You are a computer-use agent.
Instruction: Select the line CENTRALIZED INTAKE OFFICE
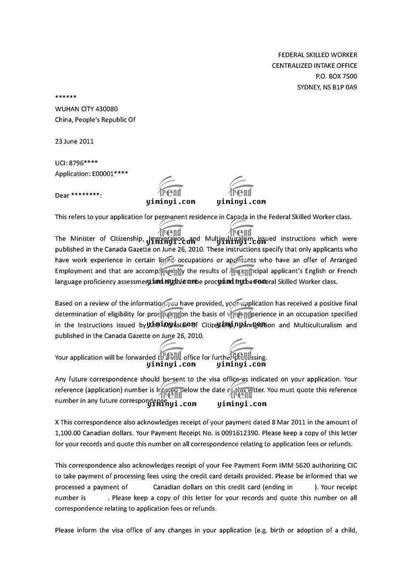[x=314, y=66]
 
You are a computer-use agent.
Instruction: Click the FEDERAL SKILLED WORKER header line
[x=317, y=55]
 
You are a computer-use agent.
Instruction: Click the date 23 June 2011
[x=74, y=141]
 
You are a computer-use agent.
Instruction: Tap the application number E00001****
[x=110, y=174]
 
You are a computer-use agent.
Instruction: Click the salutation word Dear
[x=62, y=196]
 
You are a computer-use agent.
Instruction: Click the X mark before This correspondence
[x=57, y=422]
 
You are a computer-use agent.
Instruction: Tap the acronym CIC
[x=352, y=465]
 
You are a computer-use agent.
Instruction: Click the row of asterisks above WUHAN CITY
[x=66, y=98]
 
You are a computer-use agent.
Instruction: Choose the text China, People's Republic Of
[x=95, y=120]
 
